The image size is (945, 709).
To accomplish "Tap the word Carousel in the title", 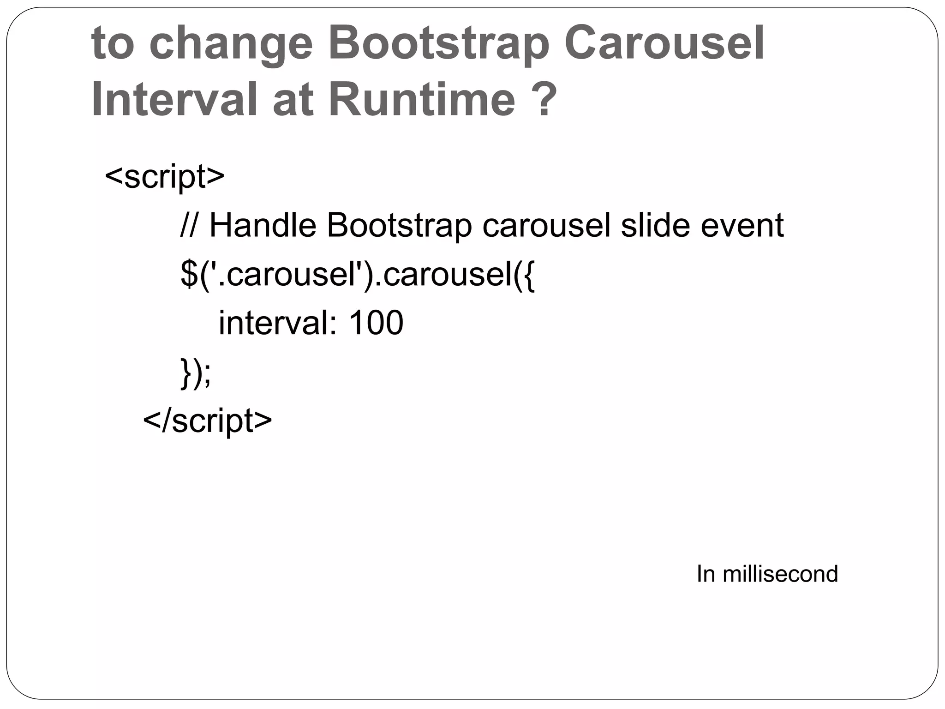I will [664, 44].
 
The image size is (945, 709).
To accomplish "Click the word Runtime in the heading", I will [422, 100].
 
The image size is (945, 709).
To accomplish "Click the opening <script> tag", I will [165, 177].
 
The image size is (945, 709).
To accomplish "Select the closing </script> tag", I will [208, 421].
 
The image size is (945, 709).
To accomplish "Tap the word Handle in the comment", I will [263, 226].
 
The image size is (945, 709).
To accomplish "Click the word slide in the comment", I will [656, 226].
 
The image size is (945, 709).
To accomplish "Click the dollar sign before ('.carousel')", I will [189, 275].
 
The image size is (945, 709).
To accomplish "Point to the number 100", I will [376, 323].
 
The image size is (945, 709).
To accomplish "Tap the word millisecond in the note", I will [780, 574].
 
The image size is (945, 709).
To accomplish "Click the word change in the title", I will [231, 44].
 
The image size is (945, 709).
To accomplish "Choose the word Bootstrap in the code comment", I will [399, 226].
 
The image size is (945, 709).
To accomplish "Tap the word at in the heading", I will [293, 100].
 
